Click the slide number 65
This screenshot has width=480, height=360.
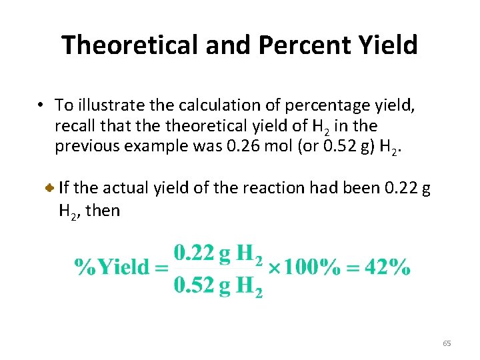point(447,343)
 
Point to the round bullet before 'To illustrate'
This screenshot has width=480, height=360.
point(41,105)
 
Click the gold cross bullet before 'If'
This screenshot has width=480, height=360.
point(49,189)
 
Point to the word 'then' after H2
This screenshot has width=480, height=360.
point(103,211)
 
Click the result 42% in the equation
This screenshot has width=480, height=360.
point(388,267)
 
